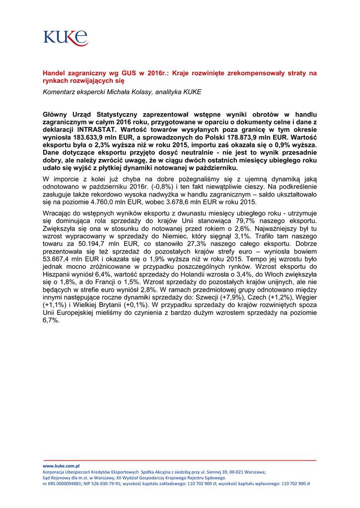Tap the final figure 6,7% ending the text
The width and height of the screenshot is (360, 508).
point(51,320)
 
